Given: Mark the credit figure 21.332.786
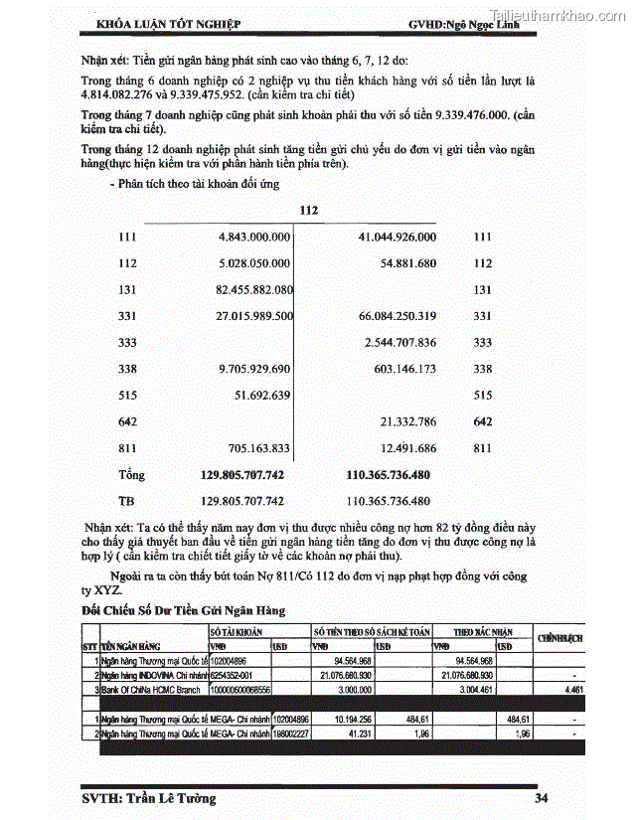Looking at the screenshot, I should (407, 422).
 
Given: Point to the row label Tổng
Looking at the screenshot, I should (132, 475).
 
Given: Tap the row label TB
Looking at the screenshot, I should (127, 501).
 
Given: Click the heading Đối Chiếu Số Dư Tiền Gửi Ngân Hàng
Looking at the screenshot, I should (184, 609).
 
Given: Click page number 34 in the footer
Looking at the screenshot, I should (542, 798).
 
